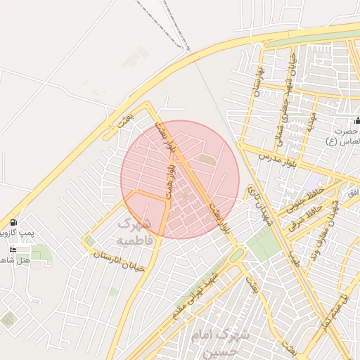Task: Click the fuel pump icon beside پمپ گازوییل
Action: pyautogui.click(x=13, y=222)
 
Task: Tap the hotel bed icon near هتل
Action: pyautogui.click(x=13, y=250)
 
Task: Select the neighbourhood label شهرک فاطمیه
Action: pyautogui.click(x=133, y=231)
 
